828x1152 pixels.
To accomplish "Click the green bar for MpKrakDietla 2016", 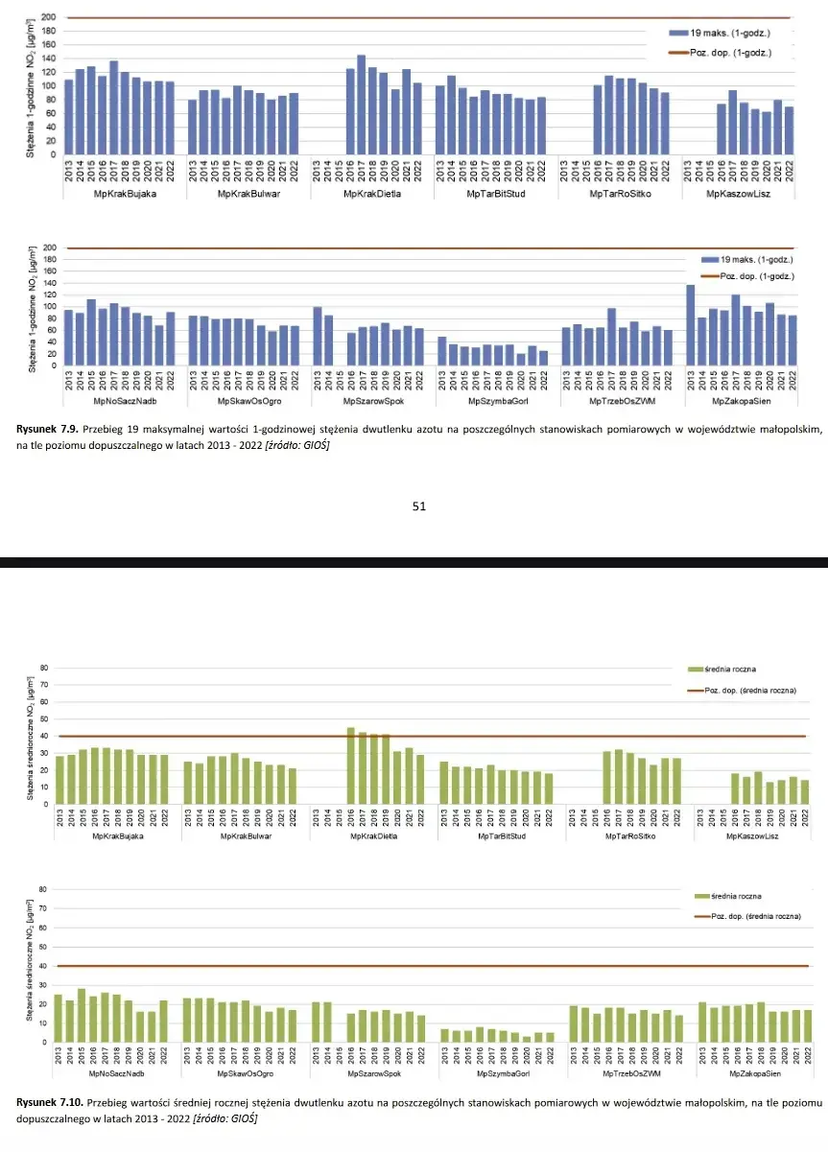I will (351, 765).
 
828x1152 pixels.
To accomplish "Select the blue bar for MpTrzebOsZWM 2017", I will (611, 337).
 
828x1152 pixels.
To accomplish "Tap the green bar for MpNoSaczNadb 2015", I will (82, 1016).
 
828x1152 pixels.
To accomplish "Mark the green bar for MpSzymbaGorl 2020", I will (527, 1039).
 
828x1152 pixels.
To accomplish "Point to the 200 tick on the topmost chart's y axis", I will (47, 18).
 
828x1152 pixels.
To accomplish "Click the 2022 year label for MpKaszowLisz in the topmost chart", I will (789, 170).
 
